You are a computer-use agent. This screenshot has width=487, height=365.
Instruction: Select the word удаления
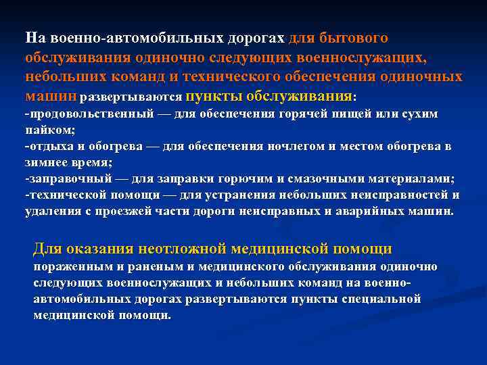(x=50, y=211)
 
